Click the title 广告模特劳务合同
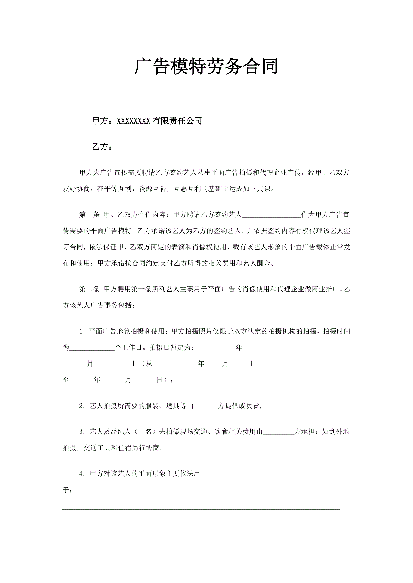point(206,67)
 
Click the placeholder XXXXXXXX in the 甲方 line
point(133,121)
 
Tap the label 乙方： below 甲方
point(102,147)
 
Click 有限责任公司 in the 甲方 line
point(177,121)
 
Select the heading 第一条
point(89,215)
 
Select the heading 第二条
point(89,289)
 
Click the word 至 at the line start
point(66,380)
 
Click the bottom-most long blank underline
point(201,509)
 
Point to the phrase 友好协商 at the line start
point(76,189)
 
